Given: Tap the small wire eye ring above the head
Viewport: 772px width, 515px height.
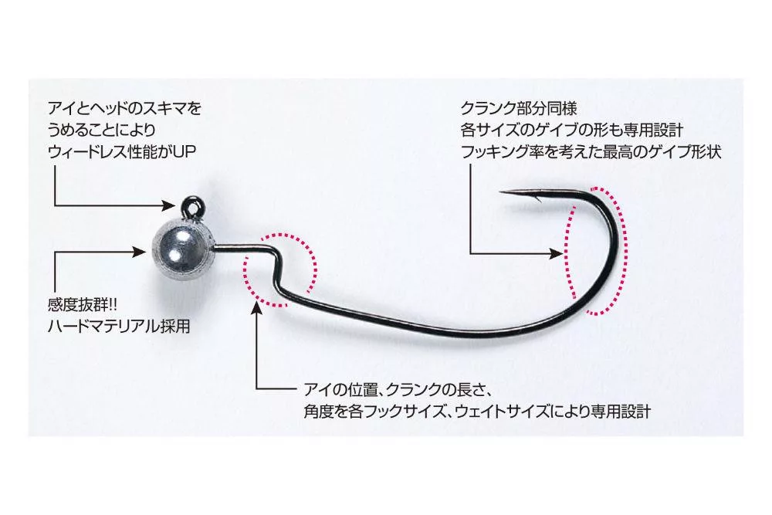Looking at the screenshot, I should pos(191,206).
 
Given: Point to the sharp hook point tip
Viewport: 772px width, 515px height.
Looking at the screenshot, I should pos(502,192).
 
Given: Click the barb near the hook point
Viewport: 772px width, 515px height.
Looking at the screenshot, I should pos(533,199).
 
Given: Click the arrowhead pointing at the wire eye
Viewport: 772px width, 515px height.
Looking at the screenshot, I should pos(171,205).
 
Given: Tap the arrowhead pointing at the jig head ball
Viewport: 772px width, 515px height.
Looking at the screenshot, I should pos(141,250).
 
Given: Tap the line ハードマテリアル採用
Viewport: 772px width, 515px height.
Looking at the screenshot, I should pos(119,327).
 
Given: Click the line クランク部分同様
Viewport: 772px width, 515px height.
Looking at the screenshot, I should pos(513,108).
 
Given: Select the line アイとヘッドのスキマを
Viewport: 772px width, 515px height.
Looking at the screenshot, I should pos(126,109).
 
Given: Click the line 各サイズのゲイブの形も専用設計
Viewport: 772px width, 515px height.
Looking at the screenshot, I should pos(572,130).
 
